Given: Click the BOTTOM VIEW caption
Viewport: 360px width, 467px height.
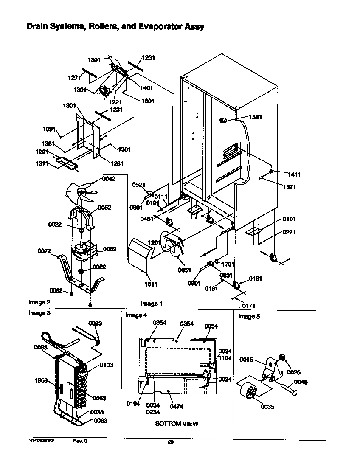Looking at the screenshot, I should coord(176,424).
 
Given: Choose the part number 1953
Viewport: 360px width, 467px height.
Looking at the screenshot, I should coord(41,381).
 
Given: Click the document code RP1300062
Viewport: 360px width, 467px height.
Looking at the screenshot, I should coord(42,441).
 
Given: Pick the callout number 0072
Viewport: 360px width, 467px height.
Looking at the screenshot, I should coord(44,251).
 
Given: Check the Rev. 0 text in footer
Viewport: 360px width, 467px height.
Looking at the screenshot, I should coord(80,441).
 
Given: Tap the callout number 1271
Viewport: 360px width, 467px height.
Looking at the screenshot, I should coord(75,77).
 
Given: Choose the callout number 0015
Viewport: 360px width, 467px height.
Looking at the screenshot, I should coord(246,360).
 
